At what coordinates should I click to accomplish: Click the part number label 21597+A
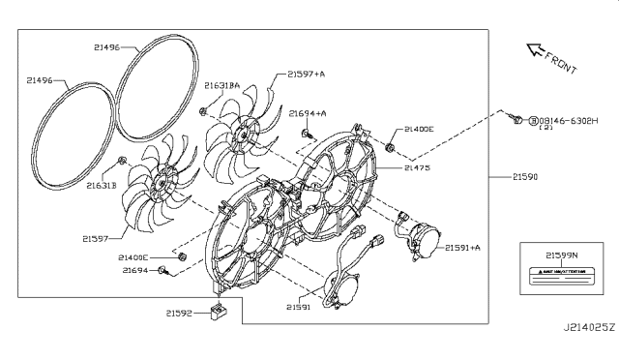pyautogui.click(x=308, y=74)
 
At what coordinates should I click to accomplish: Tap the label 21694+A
pyautogui.click(x=307, y=113)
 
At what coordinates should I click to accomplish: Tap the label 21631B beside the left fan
pyautogui.click(x=100, y=185)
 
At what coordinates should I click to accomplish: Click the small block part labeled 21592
pyautogui.click(x=220, y=314)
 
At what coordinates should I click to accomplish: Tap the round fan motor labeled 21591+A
pyautogui.click(x=422, y=243)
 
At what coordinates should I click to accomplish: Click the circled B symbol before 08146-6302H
pyautogui.click(x=532, y=119)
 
